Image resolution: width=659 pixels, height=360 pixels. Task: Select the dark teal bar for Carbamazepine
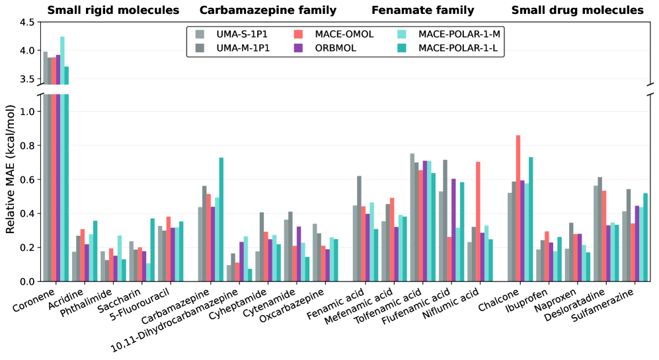click(x=221, y=219)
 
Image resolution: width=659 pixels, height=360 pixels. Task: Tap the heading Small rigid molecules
click(x=114, y=10)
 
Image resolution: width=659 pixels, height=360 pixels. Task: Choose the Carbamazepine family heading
click(x=268, y=10)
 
